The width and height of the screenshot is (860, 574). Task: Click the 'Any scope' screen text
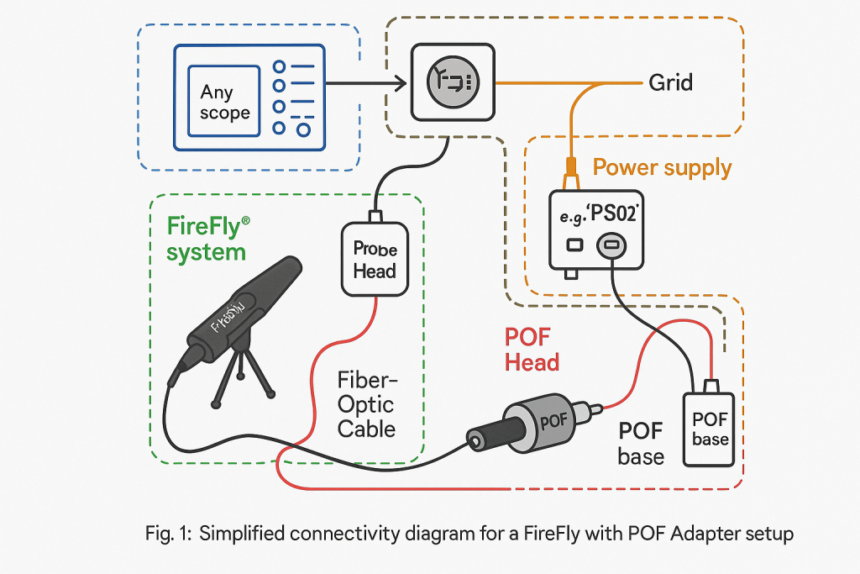(225, 102)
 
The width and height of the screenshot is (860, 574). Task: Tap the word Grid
(670, 82)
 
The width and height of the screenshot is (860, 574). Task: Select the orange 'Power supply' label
(662, 167)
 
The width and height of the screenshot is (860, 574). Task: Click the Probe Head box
(375, 260)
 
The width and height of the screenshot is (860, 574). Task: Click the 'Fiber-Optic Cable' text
(366, 403)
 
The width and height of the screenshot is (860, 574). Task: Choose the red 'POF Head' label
(532, 350)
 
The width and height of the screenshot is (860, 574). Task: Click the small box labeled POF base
(710, 429)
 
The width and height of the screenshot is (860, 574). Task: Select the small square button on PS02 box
(575, 245)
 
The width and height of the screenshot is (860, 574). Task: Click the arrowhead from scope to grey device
(401, 82)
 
